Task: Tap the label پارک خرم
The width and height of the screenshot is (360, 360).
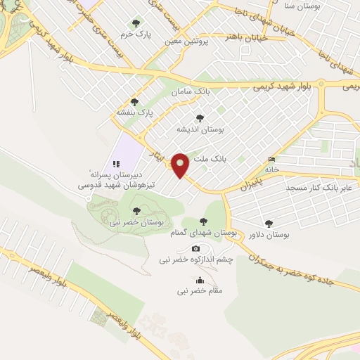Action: coord(136,33)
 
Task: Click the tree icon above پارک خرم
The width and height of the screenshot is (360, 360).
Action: coord(136,23)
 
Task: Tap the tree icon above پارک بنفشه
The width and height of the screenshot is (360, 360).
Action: coord(134,102)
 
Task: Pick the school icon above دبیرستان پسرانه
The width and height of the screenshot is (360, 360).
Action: coord(116,163)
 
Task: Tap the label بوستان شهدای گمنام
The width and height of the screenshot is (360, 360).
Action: coord(205,232)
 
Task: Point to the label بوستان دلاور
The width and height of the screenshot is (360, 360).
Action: coord(271,234)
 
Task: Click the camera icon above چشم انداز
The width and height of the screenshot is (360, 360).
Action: coord(195,248)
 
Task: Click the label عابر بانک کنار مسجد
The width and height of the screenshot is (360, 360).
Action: coord(318,188)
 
